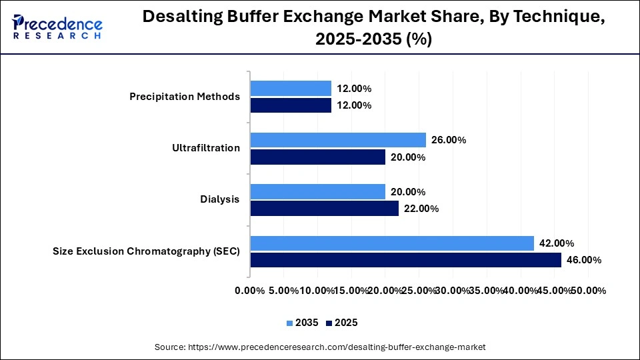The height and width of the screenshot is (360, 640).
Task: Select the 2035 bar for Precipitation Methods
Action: (x=291, y=88)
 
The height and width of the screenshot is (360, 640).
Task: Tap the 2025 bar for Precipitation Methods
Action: (x=291, y=105)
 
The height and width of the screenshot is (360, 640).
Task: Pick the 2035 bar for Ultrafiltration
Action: (x=338, y=140)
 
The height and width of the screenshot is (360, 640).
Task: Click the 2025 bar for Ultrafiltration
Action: (x=318, y=157)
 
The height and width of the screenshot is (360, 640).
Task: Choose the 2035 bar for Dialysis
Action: (x=318, y=191)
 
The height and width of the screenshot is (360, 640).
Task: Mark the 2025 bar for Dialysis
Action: (x=325, y=209)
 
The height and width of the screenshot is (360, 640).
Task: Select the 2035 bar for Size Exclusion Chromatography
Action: (x=392, y=243)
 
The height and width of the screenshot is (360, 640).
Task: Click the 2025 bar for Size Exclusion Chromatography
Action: (x=405, y=260)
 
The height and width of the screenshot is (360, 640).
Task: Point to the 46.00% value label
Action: (x=583, y=260)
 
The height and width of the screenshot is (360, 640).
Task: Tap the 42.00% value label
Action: (x=557, y=243)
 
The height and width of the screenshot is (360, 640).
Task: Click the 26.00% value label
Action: (x=448, y=140)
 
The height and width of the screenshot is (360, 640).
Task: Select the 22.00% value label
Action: (x=421, y=209)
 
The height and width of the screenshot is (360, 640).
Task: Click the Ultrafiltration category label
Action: (x=205, y=148)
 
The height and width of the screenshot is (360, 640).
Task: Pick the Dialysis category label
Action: (x=220, y=199)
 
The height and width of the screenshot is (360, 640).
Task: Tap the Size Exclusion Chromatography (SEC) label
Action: (x=146, y=251)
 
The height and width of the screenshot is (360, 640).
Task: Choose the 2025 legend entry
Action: (x=342, y=323)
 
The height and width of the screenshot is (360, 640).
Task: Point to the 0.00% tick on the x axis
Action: (x=251, y=291)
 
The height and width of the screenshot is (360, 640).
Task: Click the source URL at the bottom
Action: (x=320, y=347)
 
